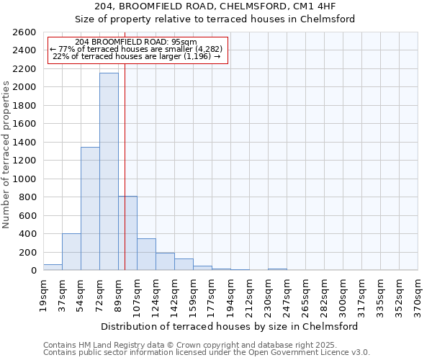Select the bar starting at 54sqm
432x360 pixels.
click(90, 209)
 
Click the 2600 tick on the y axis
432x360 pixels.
click(25, 32)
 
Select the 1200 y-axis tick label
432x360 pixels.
click(25, 161)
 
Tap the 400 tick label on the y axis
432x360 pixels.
click(28, 234)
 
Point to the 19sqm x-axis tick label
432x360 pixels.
click(44, 295)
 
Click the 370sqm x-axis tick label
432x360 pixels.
click(418, 295)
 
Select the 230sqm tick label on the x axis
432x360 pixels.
click(269, 295)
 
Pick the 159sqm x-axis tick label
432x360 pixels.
click(194, 295)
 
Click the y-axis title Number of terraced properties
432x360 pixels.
click(6, 155)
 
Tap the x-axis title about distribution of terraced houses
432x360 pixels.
click(230, 326)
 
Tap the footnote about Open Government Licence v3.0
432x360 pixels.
click(207, 353)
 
